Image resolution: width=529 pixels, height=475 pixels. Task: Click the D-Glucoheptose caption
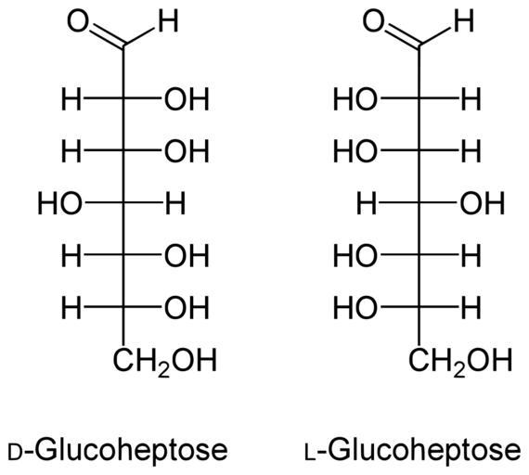(118, 450)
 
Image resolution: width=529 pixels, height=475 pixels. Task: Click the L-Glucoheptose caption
(413, 450)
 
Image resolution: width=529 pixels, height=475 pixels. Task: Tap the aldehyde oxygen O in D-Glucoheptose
(78, 21)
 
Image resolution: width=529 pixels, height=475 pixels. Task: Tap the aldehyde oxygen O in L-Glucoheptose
(374, 21)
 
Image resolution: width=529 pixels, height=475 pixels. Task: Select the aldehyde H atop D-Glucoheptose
(168, 21)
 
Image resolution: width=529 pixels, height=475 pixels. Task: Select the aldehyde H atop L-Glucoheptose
(464, 21)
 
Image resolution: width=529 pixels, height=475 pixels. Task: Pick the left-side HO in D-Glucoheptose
(60, 204)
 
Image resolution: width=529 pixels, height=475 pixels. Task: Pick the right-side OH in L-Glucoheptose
(483, 204)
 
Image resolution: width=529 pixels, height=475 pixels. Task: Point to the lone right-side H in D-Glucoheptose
(175, 204)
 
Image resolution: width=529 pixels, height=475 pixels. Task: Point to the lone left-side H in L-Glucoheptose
(367, 204)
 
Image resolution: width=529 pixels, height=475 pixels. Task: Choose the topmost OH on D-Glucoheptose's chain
(187, 99)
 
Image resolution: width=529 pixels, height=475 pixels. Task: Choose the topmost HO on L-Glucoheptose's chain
(355, 99)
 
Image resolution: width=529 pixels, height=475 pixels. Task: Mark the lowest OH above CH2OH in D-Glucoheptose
(187, 308)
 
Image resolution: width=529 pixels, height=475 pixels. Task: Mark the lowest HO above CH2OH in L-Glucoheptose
(355, 308)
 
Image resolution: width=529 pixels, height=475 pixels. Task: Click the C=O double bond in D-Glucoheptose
(107, 35)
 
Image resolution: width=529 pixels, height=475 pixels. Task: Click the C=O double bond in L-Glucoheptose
(403, 35)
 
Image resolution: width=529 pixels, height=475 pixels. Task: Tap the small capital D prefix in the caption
(15, 454)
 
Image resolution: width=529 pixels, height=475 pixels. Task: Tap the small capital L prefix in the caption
(310, 454)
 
